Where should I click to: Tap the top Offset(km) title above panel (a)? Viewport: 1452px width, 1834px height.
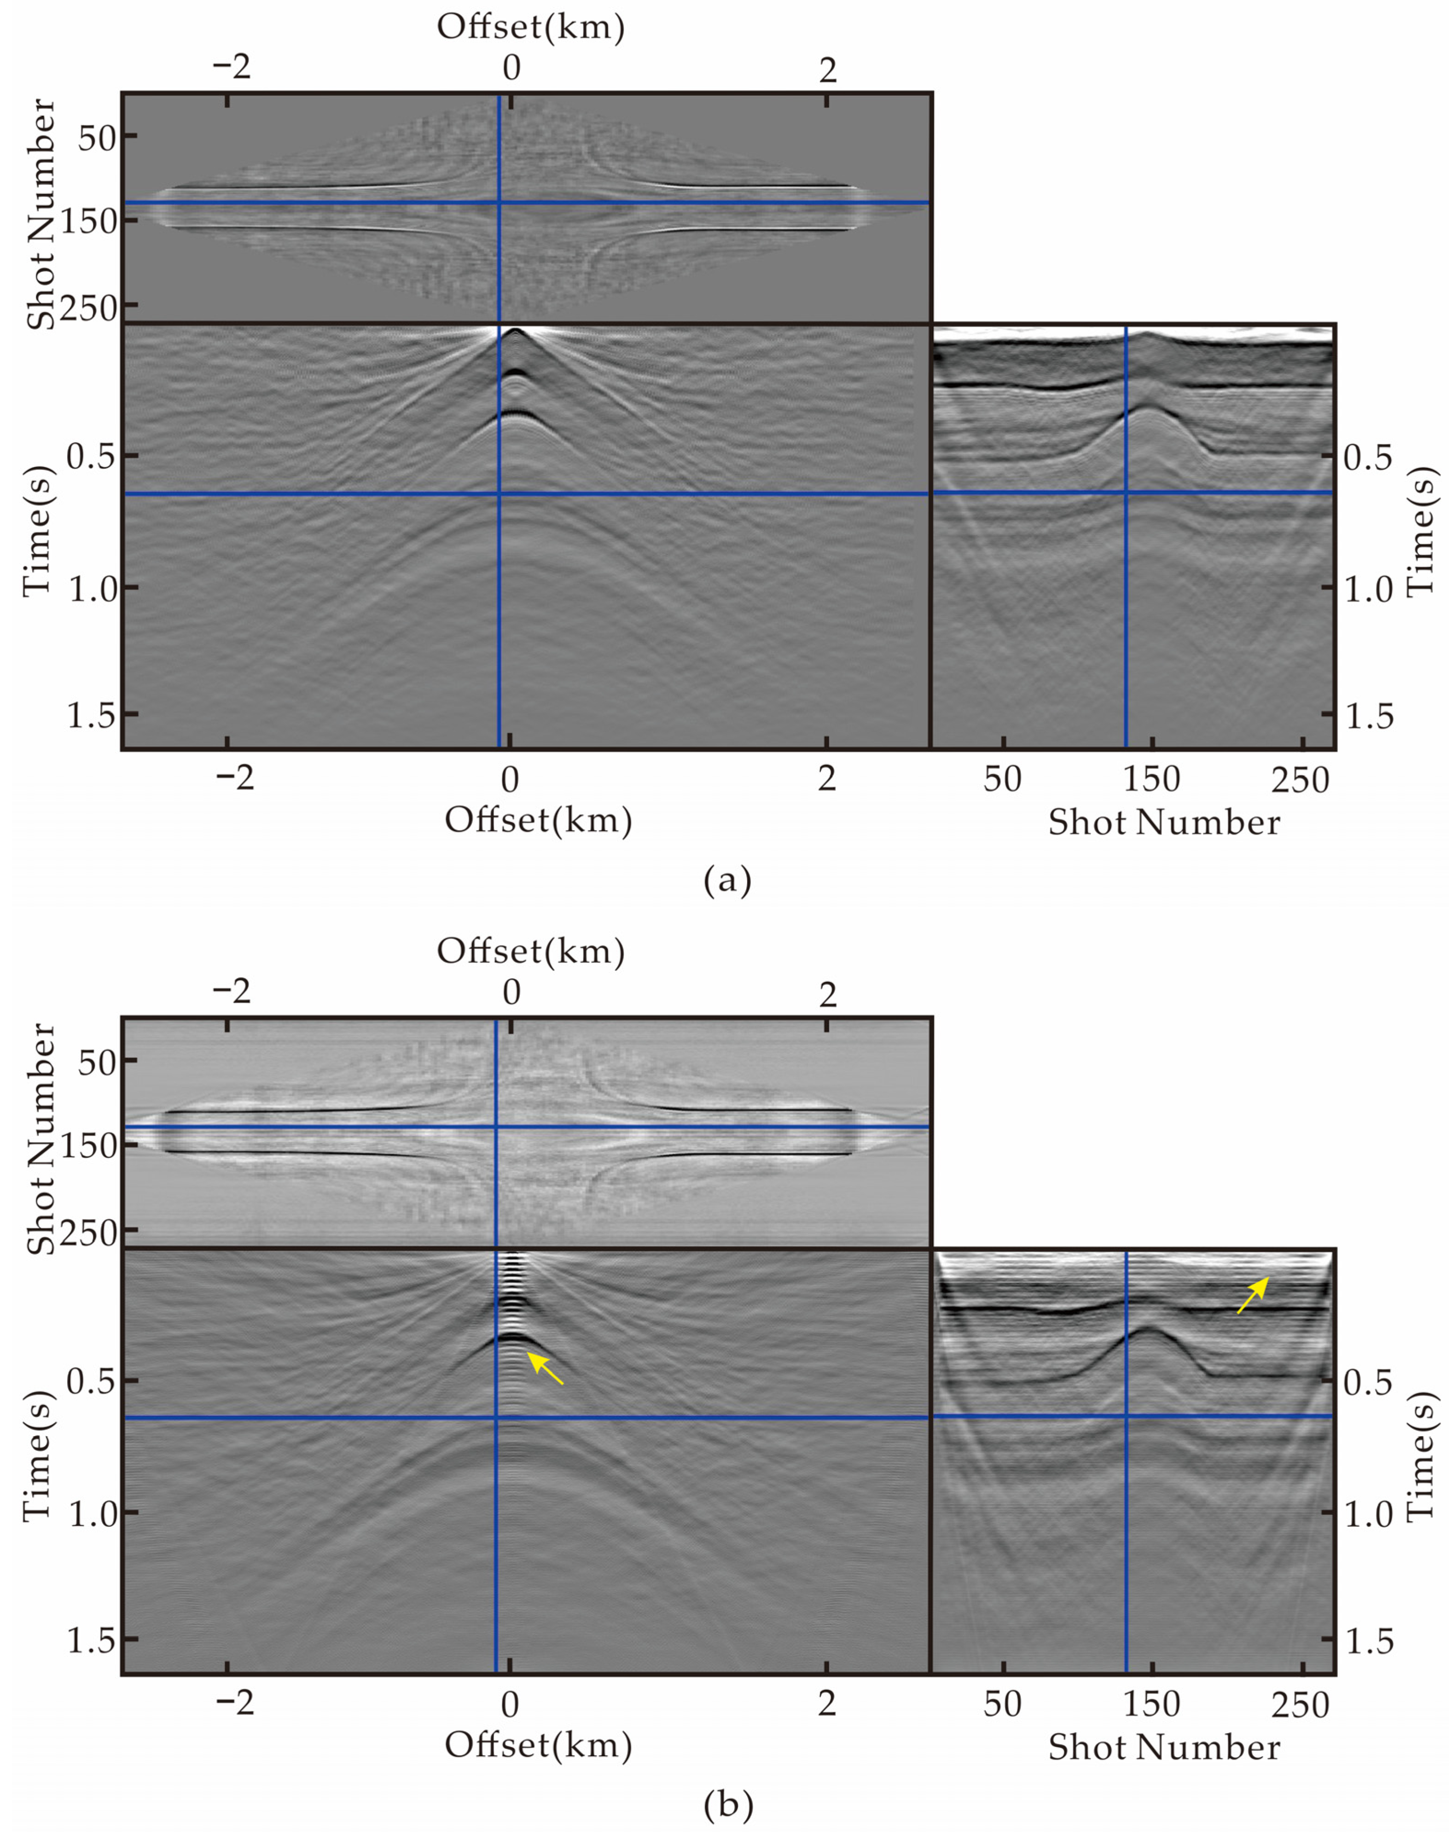530,28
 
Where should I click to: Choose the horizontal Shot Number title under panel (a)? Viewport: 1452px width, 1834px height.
1163,822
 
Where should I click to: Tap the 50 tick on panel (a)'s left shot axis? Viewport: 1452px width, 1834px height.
96,137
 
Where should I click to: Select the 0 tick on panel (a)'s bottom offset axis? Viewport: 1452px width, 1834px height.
509,778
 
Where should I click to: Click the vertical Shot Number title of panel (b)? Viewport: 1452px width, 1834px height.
40,1139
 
